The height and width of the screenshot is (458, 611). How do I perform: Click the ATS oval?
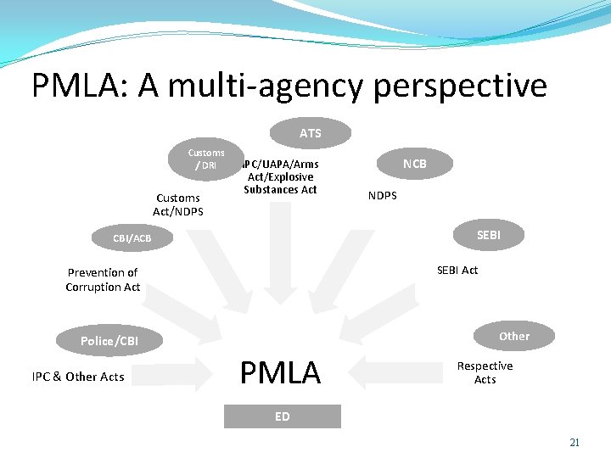(310, 133)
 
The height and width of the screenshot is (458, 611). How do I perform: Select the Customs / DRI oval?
(206, 159)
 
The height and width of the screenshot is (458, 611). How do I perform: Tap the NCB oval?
(414, 163)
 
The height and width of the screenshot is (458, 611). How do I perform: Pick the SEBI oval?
(488, 235)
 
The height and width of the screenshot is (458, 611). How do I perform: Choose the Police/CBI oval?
(109, 341)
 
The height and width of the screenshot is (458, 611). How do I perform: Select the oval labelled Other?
(513, 336)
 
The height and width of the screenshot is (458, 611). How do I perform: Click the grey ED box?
(282, 416)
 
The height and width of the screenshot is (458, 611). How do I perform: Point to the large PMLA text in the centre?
(280, 372)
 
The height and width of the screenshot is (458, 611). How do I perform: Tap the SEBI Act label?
(457, 270)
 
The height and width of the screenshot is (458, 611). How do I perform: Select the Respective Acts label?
(485, 372)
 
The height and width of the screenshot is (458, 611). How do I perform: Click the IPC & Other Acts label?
(78, 377)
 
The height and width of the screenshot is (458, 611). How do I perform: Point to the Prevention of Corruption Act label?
(103, 279)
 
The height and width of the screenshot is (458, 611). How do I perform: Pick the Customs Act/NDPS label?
(178, 204)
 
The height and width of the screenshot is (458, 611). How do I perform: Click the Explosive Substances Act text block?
(280, 176)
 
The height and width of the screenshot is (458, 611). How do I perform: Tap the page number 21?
(575, 442)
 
